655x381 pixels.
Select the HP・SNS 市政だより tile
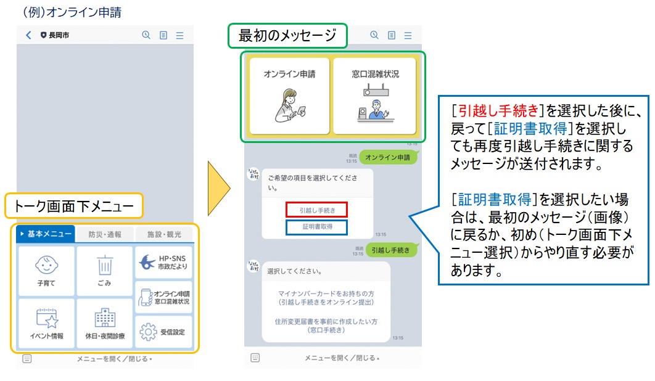click(163, 262)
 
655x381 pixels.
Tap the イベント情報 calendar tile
click(46, 324)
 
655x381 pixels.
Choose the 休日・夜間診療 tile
click(104, 324)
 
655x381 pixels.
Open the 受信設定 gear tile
click(163, 332)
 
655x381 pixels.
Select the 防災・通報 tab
click(105, 234)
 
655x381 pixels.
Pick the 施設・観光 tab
click(163, 234)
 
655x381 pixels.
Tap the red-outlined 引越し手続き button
click(317, 210)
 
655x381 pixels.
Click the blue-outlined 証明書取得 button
click(317, 226)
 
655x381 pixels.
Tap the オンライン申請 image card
click(289, 96)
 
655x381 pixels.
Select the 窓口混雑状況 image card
click(375, 96)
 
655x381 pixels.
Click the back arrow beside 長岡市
click(28, 35)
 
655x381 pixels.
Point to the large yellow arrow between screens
click(219, 188)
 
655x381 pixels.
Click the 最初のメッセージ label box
click(288, 36)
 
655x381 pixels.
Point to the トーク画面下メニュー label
click(74, 207)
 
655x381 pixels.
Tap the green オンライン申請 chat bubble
click(387, 158)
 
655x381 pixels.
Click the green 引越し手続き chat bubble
click(391, 250)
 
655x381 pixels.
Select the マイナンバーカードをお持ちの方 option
click(326, 298)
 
